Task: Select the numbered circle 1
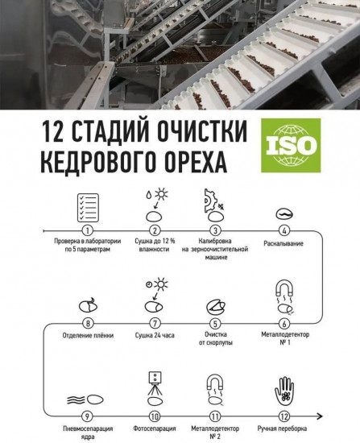[x=87, y=230]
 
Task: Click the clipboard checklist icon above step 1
[x=87, y=206]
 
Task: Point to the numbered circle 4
[x=283, y=230]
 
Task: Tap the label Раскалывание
[x=283, y=242]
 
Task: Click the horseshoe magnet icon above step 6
[x=284, y=289]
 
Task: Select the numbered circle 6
[x=283, y=322]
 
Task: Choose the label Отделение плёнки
[x=87, y=335]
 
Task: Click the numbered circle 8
[x=87, y=322]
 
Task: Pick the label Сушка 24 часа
[x=152, y=335]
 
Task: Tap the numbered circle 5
[x=217, y=322]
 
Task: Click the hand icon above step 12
[x=283, y=392]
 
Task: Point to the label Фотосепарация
[x=152, y=429]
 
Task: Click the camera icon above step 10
[x=153, y=380]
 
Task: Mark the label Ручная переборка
[x=283, y=429]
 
